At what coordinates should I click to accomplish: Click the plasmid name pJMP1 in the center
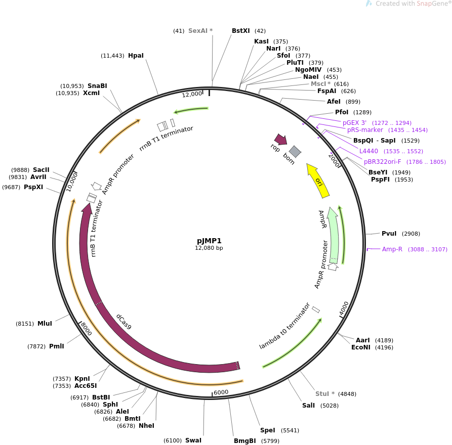tap(209, 241)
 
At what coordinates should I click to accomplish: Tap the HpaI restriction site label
tap(136, 56)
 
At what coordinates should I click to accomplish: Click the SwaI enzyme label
tap(193, 440)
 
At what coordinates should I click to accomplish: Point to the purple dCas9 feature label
tap(124, 322)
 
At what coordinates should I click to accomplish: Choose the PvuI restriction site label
tap(389, 234)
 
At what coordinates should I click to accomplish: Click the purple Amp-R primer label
tap(392, 249)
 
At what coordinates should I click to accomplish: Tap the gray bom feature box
tap(295, 151)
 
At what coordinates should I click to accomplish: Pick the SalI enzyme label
tap(308, 406)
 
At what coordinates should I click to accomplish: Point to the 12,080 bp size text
tap(209, 248)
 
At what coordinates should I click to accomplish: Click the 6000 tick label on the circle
tap(221, 392)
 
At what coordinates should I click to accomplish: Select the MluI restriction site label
tap(45, 324)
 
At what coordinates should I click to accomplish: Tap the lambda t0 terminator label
tap(284, 326)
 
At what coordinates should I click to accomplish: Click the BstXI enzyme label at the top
tap(241, 31)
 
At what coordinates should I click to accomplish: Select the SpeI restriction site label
tap(267, 430)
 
